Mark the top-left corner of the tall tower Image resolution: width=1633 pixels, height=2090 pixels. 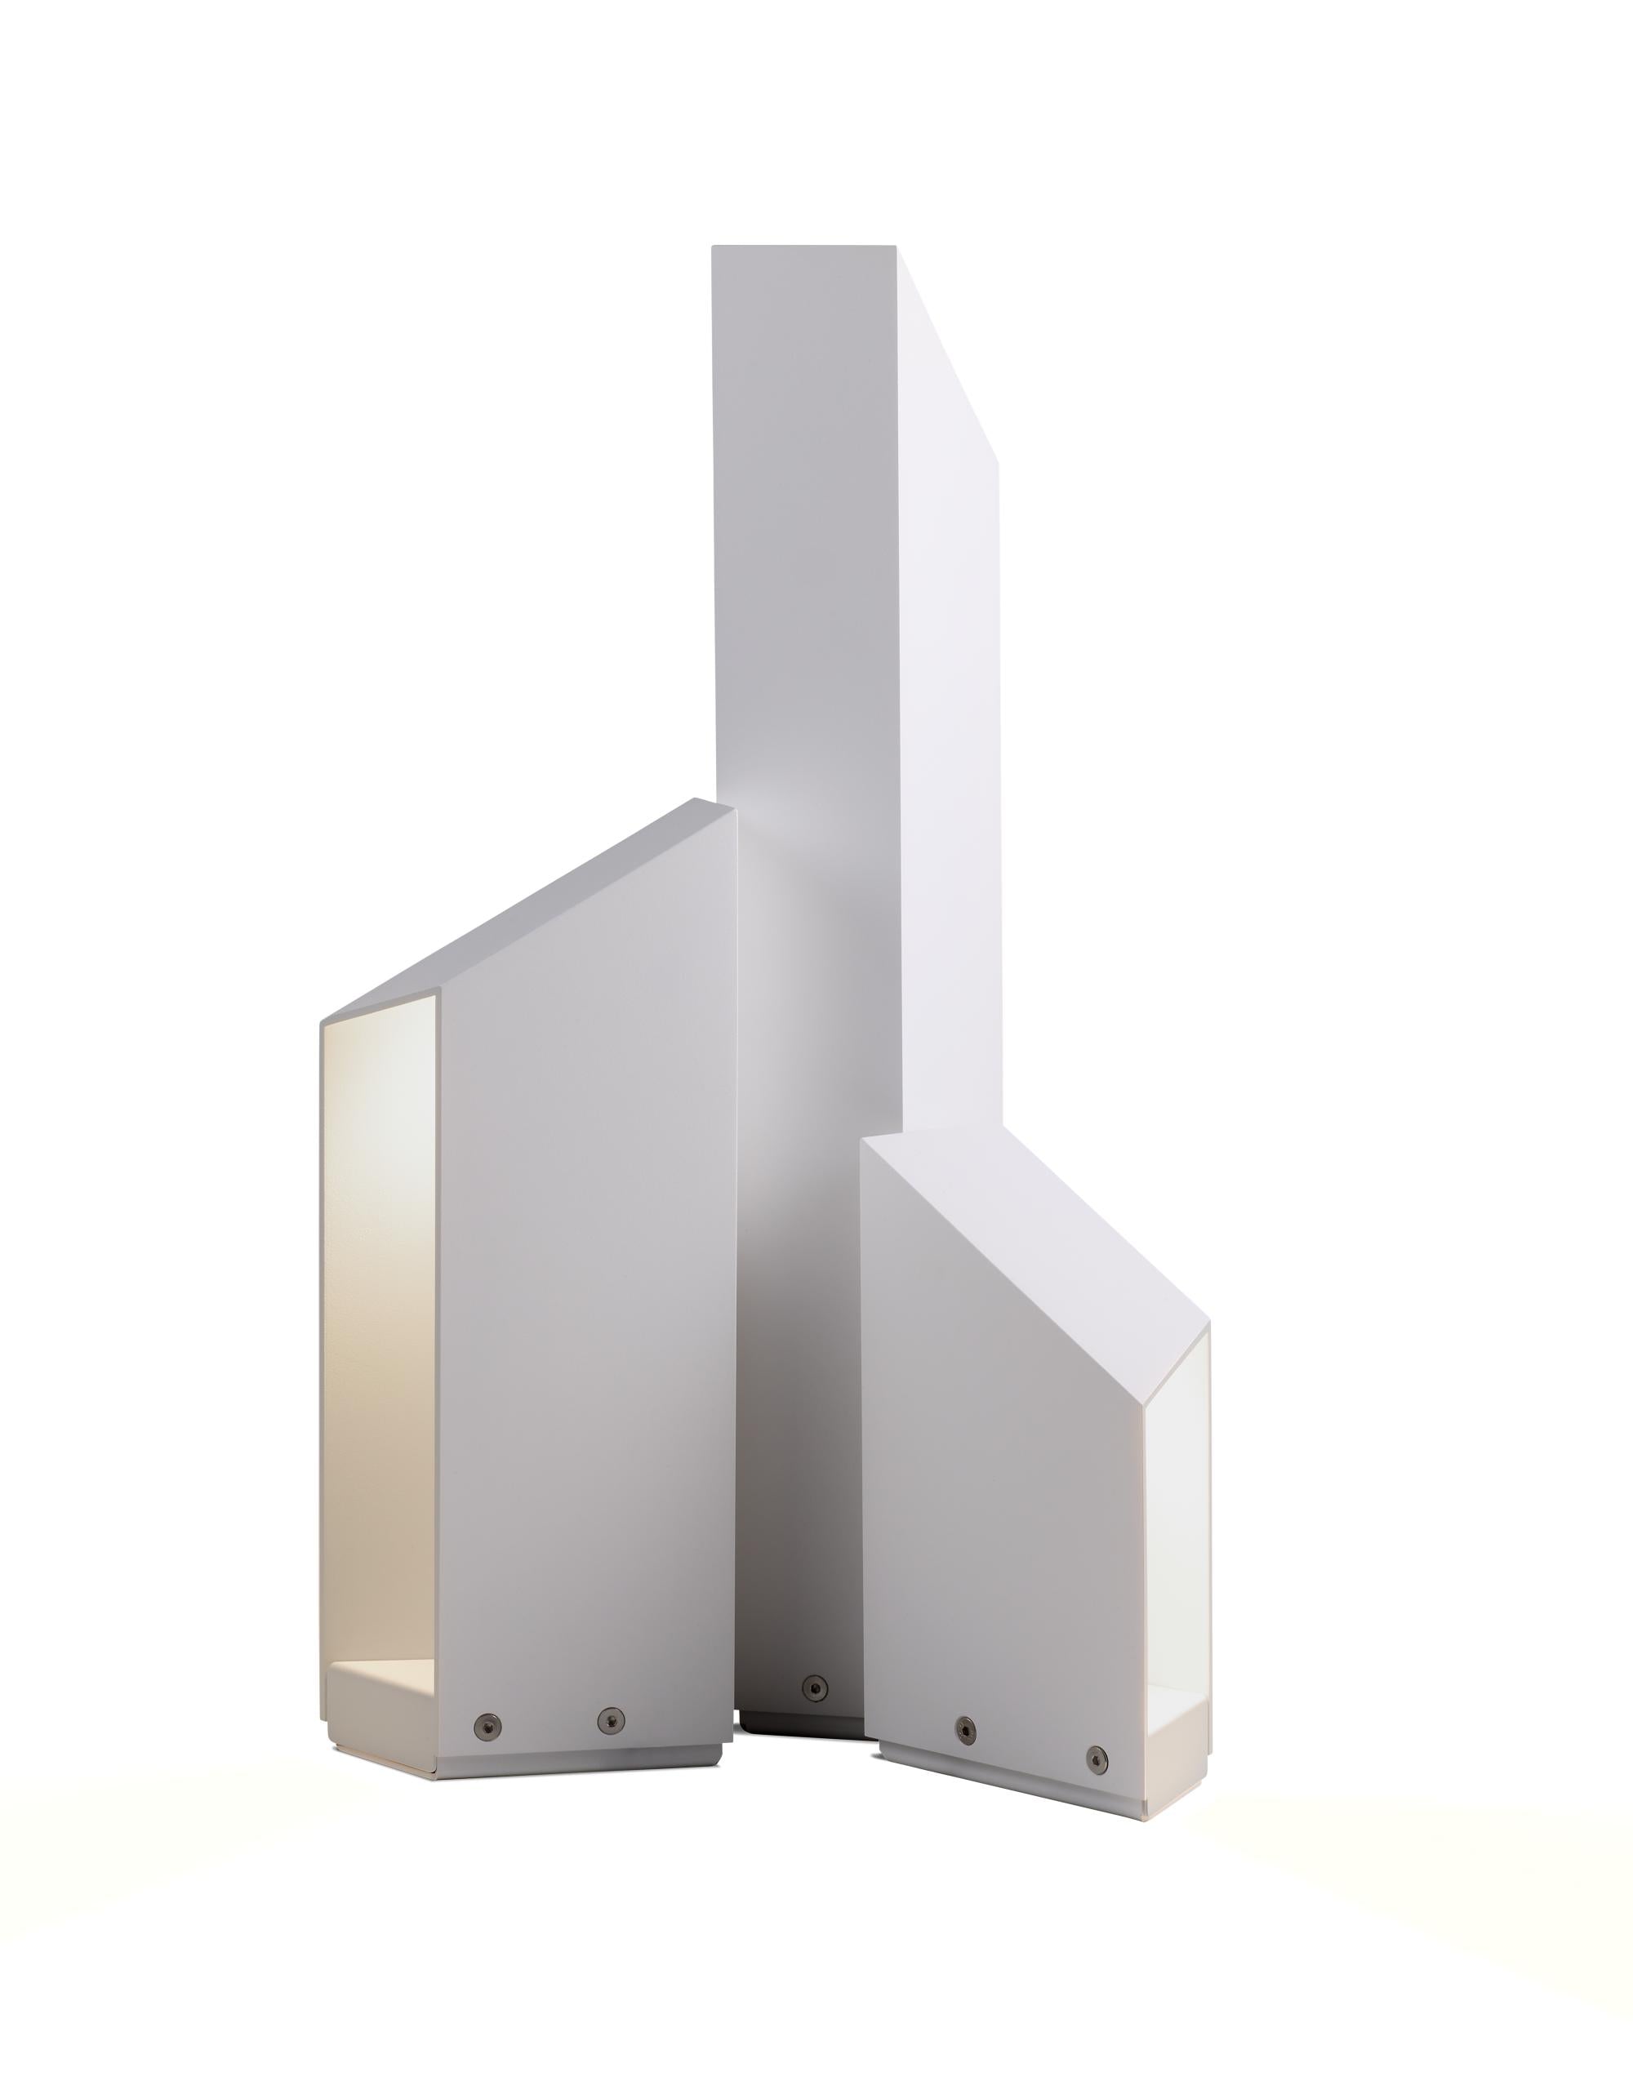click(x=714, y=249)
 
